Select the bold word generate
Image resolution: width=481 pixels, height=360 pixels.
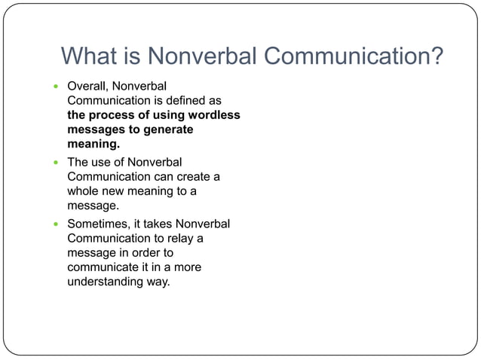click(165, 129)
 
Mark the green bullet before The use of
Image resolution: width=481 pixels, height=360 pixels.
click(55, 162)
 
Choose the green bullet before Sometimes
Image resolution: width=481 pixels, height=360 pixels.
click(55, 224)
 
